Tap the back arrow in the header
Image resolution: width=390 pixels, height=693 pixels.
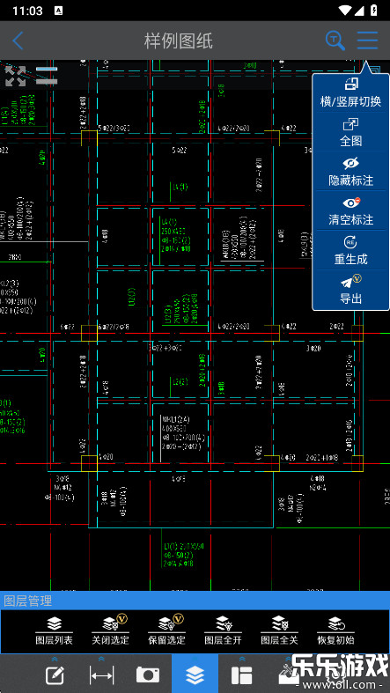pos(18,41)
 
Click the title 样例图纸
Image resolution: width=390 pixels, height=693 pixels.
pos(179,41)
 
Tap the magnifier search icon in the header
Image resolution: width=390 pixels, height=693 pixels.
pos(335,41)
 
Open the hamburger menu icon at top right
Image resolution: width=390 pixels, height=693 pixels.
pos(367,41)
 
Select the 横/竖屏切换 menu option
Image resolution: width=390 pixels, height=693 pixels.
pos(350,92)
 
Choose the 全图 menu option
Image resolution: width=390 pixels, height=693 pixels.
pos(350,132)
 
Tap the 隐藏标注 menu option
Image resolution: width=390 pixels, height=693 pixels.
pos(350,171)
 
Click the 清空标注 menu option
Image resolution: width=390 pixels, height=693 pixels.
pos(350,210)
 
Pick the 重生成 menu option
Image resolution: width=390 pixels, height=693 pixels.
pos(350,250)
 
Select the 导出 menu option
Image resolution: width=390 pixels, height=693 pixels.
pos(350,290)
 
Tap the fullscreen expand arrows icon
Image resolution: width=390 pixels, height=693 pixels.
pos(15,75)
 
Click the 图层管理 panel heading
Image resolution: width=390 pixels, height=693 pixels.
pos(28,601)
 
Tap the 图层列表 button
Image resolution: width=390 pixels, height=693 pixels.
pos(55,630)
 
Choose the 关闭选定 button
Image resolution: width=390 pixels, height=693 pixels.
pos(110,630)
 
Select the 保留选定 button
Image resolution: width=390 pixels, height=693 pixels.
pos(166,630)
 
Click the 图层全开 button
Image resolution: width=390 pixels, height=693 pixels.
pos(223,630)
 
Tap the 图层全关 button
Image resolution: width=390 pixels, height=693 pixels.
pos(279,630)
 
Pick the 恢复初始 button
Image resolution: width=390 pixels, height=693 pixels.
pos(335,630)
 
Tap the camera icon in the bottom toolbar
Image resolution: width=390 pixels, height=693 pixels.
pos(148,675)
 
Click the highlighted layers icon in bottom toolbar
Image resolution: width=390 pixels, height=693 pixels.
pos(195,675)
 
